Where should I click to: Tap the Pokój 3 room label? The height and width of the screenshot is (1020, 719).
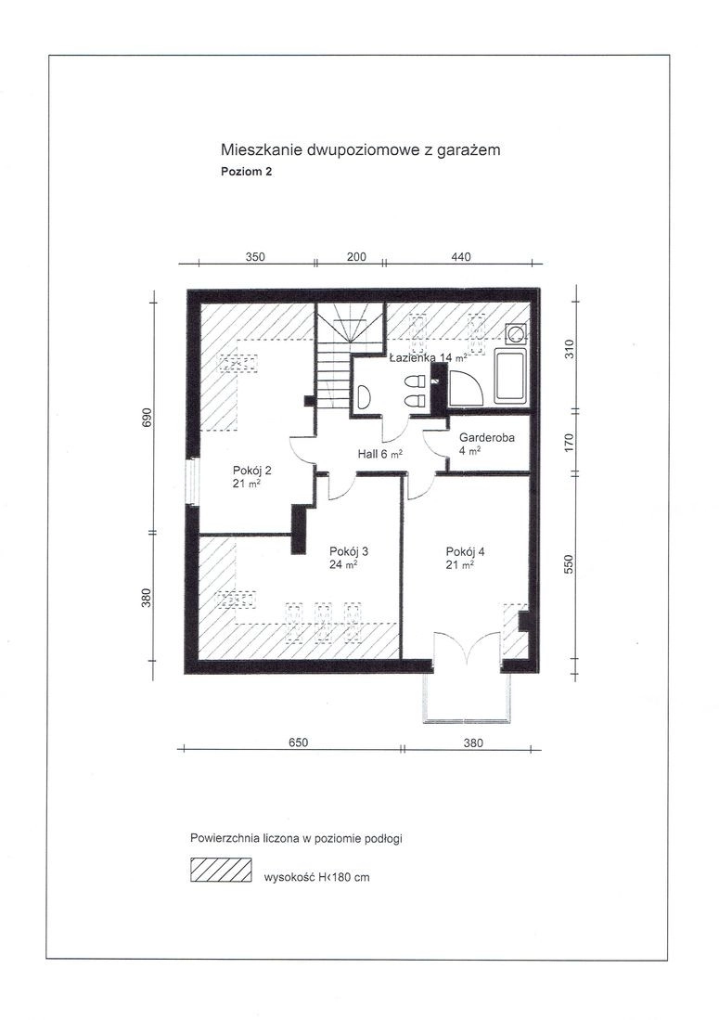point(349,558)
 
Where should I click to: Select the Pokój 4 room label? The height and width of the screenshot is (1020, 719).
point(465,558)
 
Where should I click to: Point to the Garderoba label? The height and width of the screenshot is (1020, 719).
point(487,443)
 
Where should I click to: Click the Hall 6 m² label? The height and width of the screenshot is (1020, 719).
point(379,454)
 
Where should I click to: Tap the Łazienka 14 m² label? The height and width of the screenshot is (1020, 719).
point(428,357)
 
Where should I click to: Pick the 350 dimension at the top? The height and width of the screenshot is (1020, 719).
point(255,256)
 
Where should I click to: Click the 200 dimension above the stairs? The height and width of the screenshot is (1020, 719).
point(356,256)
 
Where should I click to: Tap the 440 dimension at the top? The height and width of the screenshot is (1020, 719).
point(460,256)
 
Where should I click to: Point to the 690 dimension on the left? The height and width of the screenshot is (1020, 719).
point(147,417)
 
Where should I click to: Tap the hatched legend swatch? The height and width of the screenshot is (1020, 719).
point(221,870)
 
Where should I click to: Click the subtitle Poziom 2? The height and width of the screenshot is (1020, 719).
point(247,172)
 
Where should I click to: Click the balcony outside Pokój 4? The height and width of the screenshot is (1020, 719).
point(467,697)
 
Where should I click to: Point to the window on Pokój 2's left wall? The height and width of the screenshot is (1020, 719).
point(192,482)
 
